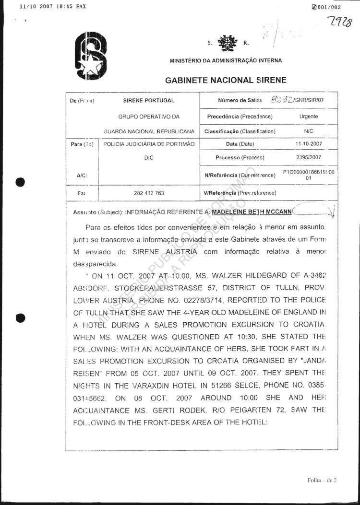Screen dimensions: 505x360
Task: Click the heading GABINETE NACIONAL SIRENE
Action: point(226,81)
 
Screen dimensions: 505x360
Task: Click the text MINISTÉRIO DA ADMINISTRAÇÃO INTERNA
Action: point(226,61)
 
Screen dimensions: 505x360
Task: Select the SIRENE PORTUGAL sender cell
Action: point(149,101)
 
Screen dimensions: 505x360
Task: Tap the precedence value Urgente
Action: point(308,117)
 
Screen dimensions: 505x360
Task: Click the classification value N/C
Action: point(309,130)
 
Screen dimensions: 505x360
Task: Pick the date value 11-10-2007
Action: point(309,144)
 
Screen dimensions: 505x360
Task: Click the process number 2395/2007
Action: point(309,157)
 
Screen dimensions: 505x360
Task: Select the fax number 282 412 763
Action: point(149,193)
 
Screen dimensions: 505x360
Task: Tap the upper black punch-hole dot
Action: point(20,182)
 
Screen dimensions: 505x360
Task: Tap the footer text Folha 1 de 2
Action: point(322,480)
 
